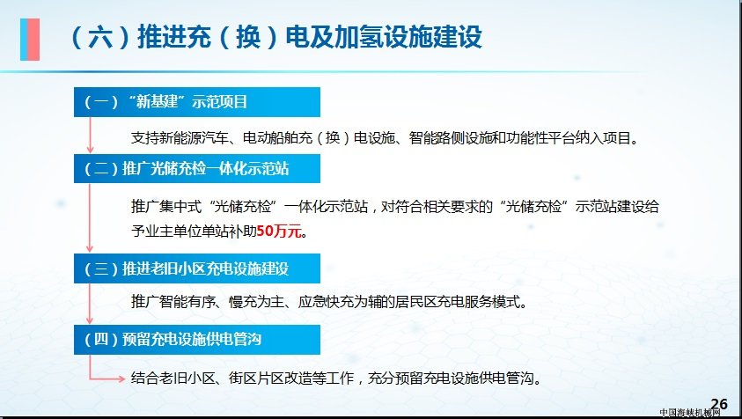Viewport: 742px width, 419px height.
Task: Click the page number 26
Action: click(x=719, y=404)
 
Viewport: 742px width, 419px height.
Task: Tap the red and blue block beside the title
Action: click(x=30, y=40)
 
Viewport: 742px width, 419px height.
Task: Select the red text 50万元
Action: click(x=279, y=231)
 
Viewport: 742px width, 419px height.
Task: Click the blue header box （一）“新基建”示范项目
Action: click(x=197, y=102)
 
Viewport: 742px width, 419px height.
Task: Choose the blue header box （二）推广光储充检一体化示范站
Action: click(x=197, y=168)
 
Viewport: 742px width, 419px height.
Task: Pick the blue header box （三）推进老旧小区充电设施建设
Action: click(x=197, y=268)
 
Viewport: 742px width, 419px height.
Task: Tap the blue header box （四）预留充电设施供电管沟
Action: click(x=197, y=340)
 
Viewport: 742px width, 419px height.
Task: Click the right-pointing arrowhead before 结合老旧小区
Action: click(x=121, y=379)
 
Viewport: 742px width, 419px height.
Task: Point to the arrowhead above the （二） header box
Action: click(x=90, y=149)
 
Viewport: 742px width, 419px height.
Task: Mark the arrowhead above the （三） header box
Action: click(x=90, y=248)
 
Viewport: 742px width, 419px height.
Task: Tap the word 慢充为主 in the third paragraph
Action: click(x=256, y=302)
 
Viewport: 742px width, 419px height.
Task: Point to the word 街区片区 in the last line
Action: click(x=256, y=379)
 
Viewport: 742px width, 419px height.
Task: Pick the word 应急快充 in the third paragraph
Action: click(x=326, y=302)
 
